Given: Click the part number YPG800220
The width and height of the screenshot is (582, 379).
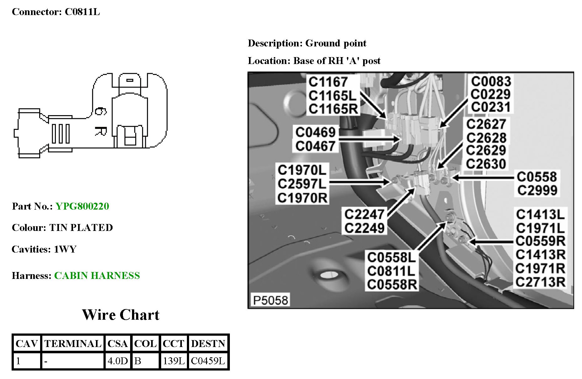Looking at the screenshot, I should click(x=82, y=206).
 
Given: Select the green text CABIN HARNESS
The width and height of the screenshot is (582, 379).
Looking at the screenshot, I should click(x=97, y=276).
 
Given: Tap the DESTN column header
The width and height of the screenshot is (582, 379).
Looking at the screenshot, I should click(x=208, y=344).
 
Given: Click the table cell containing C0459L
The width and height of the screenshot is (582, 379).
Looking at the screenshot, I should click(x=208, y=361).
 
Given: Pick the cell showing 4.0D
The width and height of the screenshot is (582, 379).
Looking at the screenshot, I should click(x=118, y=361).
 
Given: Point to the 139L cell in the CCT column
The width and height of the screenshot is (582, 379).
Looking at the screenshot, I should click(x=173, y=361).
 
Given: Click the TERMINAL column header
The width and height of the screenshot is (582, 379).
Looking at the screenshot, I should click(x=73, y=344).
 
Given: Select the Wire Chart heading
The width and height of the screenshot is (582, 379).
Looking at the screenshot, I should click(x=121, y=315).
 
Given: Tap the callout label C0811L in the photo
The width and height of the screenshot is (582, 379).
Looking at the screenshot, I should click(x=391, y=271).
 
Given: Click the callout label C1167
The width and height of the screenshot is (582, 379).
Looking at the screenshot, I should click(x=328, y=82).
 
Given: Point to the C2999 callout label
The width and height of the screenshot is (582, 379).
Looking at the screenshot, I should click(x=537, y=190).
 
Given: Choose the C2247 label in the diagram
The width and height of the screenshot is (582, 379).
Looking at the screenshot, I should click(x=364, y=215).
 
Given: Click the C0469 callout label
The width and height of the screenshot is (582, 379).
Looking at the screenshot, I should click(x=315, y=132).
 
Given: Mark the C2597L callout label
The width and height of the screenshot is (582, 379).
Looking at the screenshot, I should click(x=302, y=184).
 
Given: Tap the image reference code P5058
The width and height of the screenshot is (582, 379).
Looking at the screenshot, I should click(x=270, y=300).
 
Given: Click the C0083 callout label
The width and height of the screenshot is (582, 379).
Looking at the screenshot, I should click(x=491, y=82).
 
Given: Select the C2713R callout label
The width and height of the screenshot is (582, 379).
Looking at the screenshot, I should click(x=540, y=282).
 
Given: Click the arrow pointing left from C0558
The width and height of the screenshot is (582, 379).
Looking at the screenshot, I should click(x=483, y=178).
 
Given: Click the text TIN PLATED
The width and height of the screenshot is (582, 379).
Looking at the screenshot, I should click(x=81, y=228).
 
